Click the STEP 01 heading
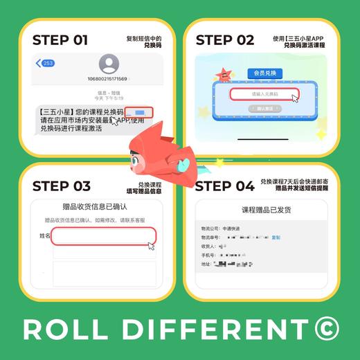click(60, 39)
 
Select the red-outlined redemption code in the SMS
click(139, 112)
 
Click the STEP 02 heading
click(225, 39)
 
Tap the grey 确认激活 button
click(264, 109)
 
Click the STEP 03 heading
click(62, 186)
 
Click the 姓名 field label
click(45, 237)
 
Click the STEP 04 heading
click(225, 186)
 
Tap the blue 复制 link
click(276, 237)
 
